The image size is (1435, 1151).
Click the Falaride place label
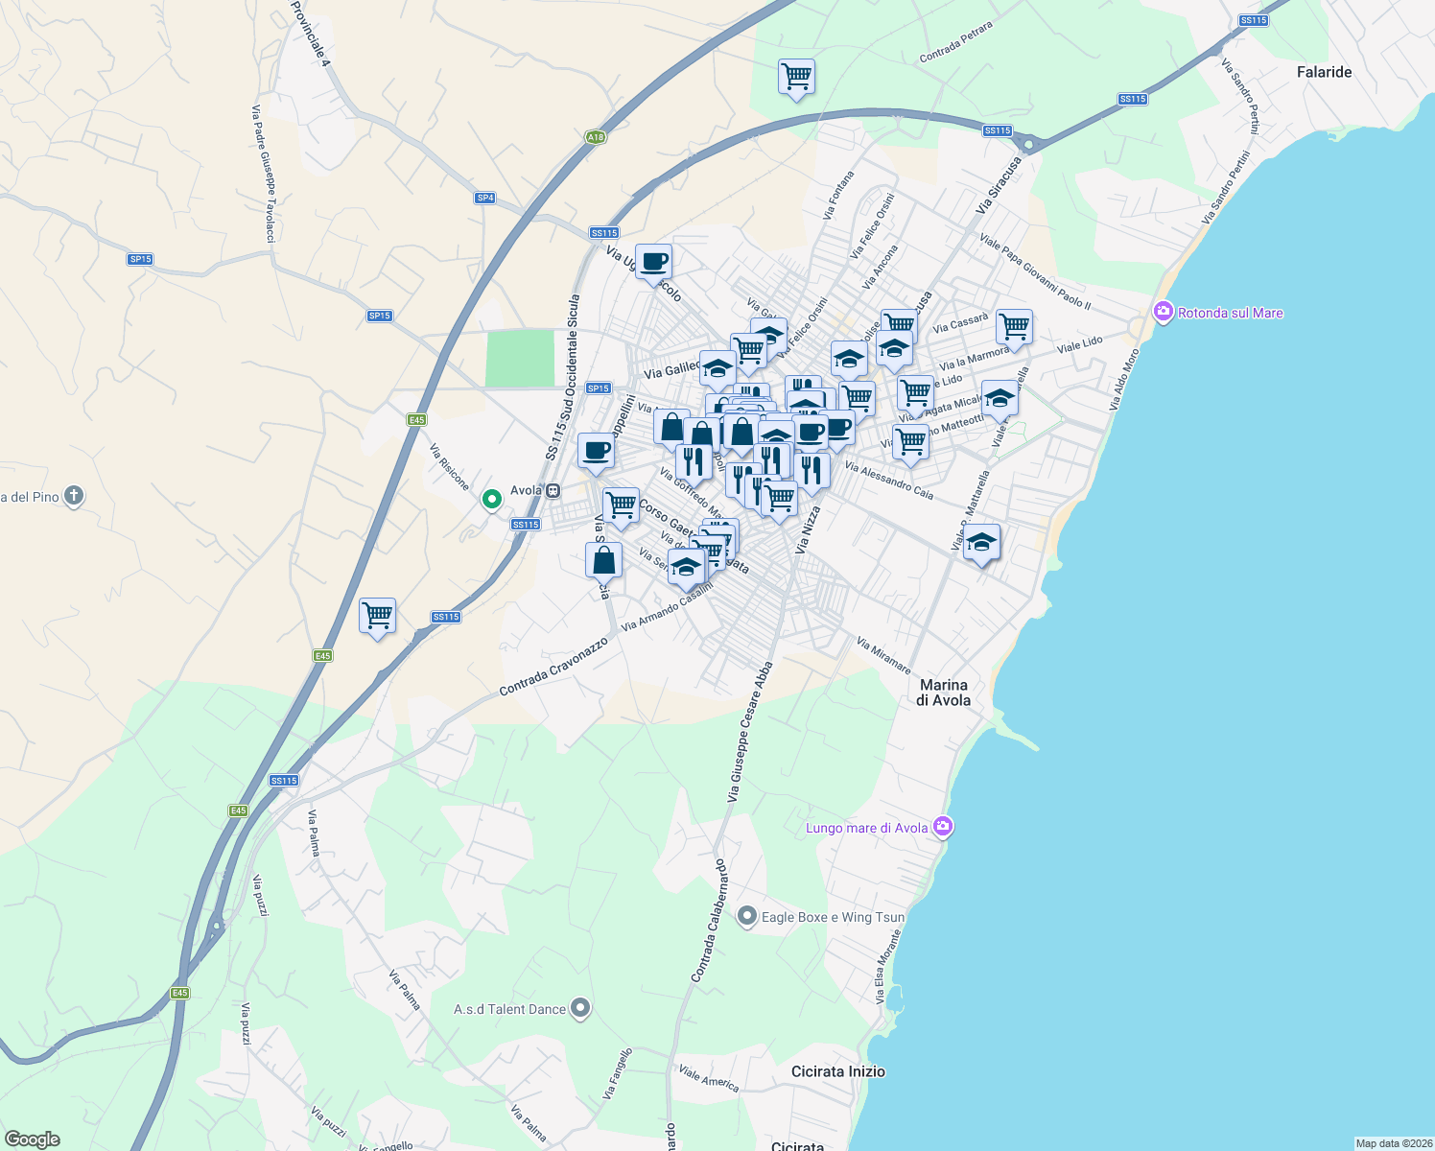[1324, 72]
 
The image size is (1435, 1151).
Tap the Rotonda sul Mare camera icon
[1164, 313]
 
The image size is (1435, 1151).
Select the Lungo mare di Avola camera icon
[943, 827]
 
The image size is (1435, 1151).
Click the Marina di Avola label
[944, 693]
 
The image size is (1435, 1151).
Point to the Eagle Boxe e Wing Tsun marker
[747, 917]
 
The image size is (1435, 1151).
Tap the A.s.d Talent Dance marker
[579, 1008]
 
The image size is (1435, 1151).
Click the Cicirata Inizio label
[837, 1071]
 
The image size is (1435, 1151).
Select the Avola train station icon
[553, 490]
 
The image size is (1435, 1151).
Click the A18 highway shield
[596, 137]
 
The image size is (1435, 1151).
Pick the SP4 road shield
[484, 198]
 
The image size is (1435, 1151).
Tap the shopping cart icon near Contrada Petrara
[796, 76]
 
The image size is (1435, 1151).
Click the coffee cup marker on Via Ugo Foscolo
[653, 262]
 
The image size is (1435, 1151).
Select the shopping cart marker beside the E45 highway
[378, 616]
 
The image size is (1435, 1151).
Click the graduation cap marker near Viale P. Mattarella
[980, 543]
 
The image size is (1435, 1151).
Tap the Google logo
[32, 1139]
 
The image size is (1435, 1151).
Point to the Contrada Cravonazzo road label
[553, 667]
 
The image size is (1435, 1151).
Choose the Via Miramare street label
[883, 656]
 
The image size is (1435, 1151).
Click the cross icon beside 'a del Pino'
[74, 496]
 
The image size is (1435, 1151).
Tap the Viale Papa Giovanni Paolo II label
[1035, 271]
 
